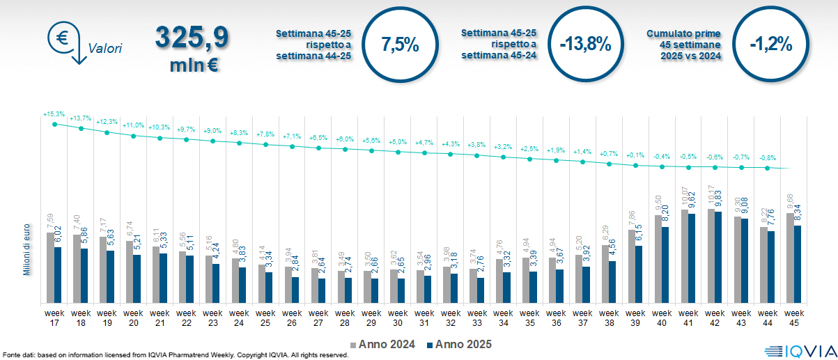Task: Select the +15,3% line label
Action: pos(54,114)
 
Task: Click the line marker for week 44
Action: pos(768,168)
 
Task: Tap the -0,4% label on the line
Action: pos(661,156)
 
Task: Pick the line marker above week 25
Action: pos(265,145)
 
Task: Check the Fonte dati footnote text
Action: pos(174,355)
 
